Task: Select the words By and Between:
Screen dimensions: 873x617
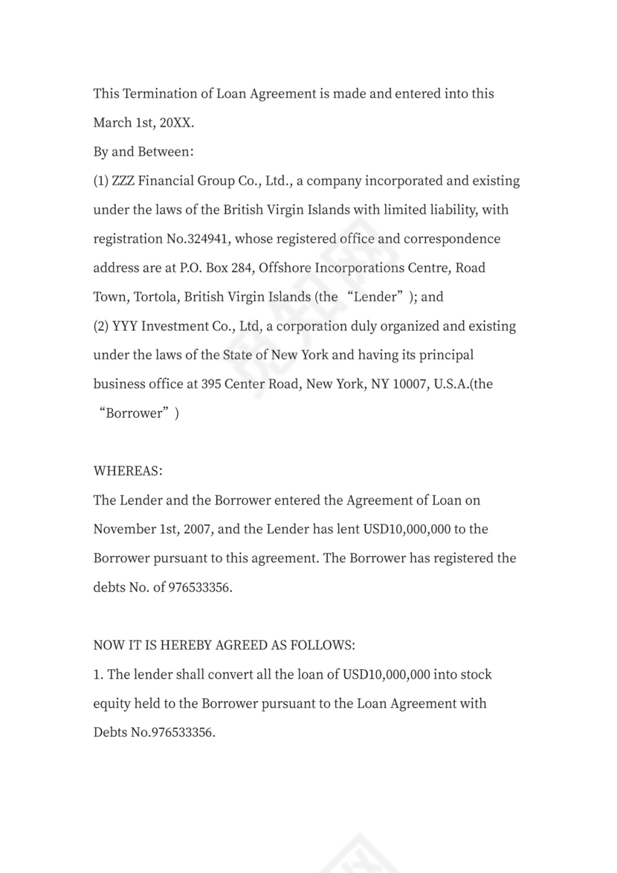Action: (x=143, y=152)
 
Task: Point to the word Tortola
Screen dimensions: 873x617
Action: (x=156, y=297)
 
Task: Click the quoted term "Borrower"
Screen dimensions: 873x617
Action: (x=135, y=413)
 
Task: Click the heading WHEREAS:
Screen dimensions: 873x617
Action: (x=128, y=471)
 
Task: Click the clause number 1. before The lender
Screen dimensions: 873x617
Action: (x=98, y=674)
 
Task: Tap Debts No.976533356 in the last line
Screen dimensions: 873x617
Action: (x=154, y=732)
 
